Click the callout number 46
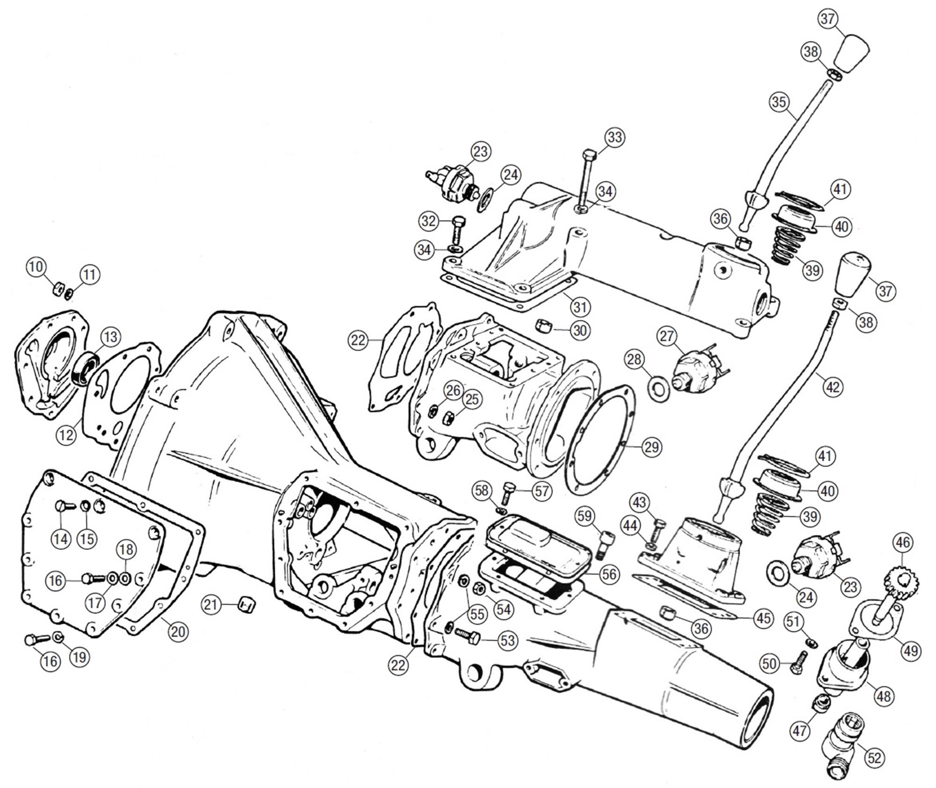pos(903,542)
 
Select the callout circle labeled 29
pos(651,447)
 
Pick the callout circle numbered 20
pos(178,632)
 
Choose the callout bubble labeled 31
pos(580,307)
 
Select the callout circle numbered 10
pos(37,267)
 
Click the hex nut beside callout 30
pos(543,324)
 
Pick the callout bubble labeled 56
pos(609,574)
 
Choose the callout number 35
pos(779,102)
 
